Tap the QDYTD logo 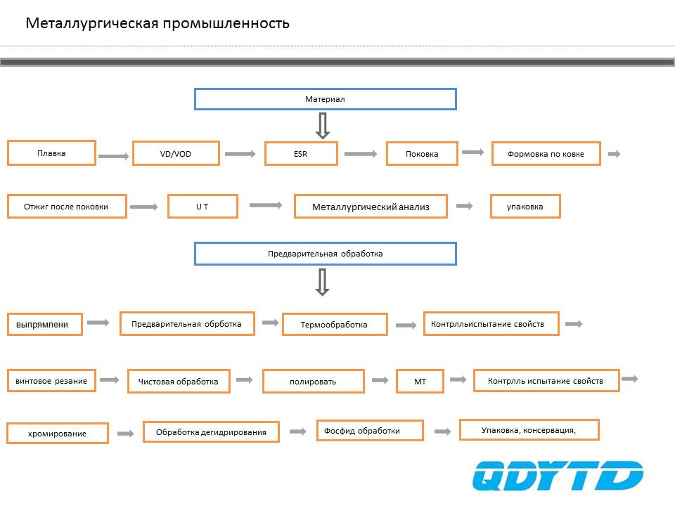point(558,476)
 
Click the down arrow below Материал point(323,126)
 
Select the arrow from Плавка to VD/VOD point(114,156)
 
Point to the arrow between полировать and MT point(380,380)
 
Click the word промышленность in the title point(226,22)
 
